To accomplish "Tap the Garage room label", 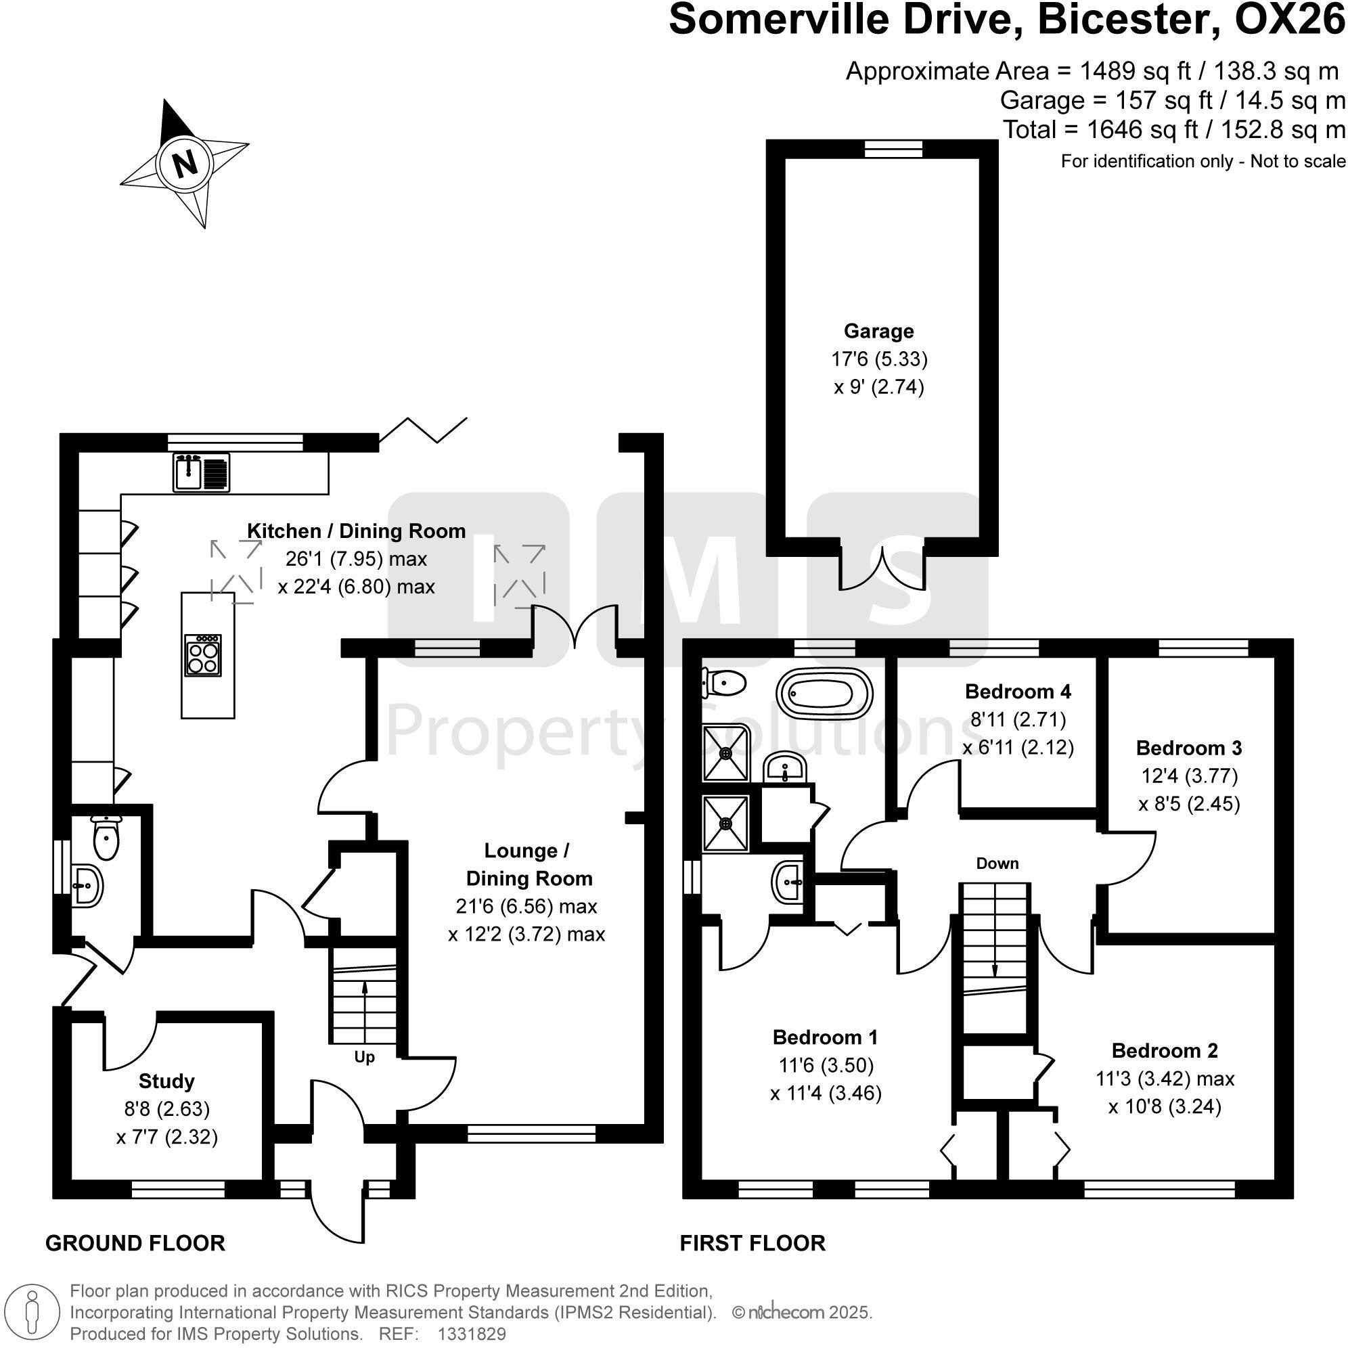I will point(878,331).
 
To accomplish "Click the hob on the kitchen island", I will point(203,656).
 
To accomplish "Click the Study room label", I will point(166,1081).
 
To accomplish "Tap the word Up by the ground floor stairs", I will point(364,1057).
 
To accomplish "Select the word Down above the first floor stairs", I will point(997,863).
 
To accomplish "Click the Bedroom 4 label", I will point(1017,692).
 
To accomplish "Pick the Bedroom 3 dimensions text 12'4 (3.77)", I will point(1189,776).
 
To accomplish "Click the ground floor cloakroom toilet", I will point(106,836).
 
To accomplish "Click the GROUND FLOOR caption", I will point(135,1242).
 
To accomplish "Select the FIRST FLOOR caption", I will point(752,1242).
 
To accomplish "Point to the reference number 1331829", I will point(471,1334).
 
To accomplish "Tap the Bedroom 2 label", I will point(1165,1051).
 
